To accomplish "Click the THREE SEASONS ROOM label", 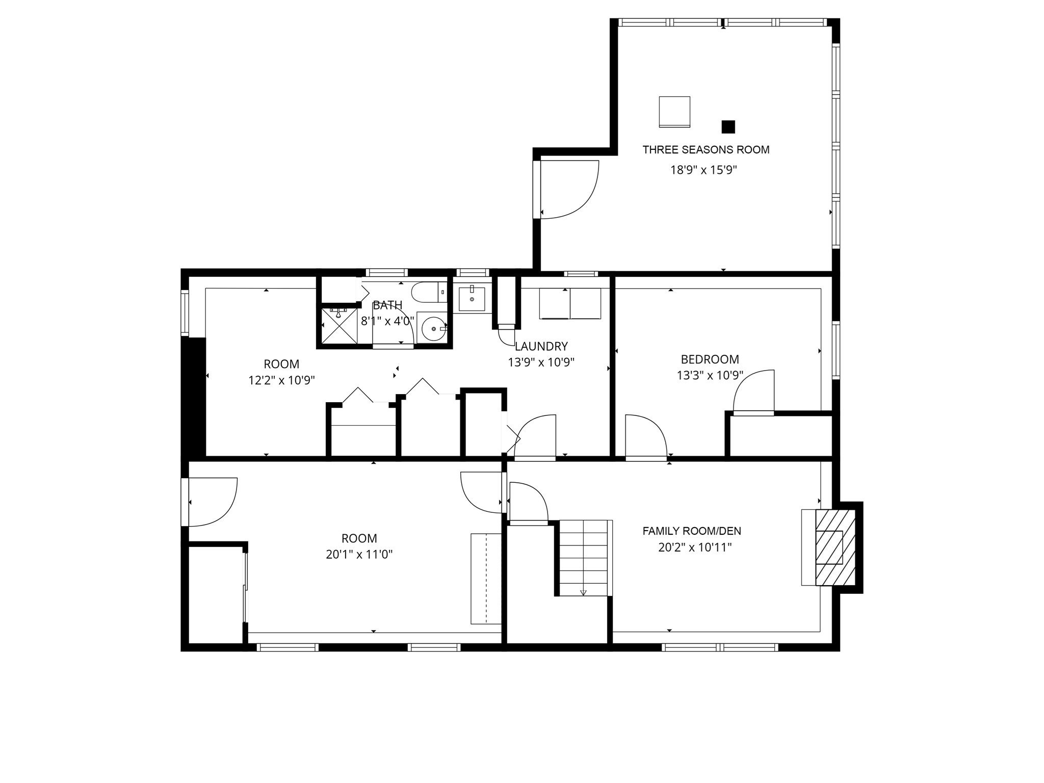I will click(x=706, y=150).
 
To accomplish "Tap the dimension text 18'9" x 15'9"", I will click(x=703, y=170).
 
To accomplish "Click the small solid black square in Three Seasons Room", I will click(x=728, y=126).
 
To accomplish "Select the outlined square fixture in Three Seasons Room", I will click(x=674, y=112).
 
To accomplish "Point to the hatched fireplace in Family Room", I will click(x=835, y=547).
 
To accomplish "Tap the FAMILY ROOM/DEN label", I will click(x=691, y=531).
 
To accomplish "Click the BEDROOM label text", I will click(x=710, y=359).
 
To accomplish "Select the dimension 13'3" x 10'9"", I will click(x=710, y=376).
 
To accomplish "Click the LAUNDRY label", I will click(x=541, y=347).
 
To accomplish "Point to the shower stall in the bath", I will click(x=337, y=326).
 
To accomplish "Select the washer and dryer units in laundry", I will click(x=570, y=304).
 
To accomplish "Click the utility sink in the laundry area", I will click(x=472, y=299).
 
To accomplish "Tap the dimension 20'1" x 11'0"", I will click(x=359, y=555).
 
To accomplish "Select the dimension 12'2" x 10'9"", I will click(x=281, y=380).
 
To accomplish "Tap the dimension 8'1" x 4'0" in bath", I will click(x=387, y=322).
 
